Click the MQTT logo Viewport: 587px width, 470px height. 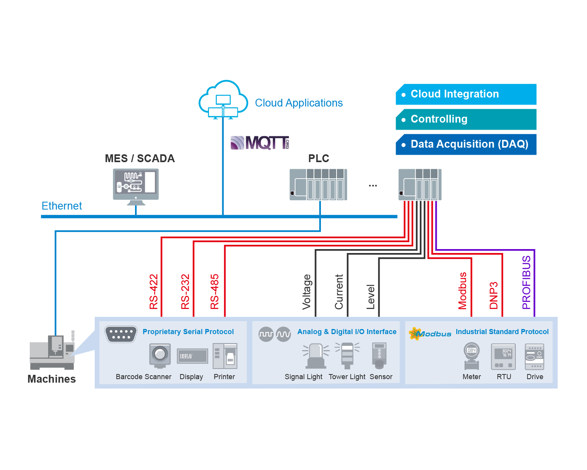260,143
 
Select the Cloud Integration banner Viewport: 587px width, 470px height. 466,94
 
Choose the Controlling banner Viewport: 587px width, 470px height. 466,119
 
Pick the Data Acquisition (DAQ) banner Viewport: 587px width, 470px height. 466,145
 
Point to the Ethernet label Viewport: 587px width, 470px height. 62,206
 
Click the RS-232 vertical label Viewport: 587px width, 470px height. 185,291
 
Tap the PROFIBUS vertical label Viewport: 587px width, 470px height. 526,282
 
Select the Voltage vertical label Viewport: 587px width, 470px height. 307,292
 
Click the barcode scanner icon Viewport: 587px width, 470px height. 160,356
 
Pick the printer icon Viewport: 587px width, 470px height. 225,356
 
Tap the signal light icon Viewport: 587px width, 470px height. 316,356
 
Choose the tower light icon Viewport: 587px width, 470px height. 347,356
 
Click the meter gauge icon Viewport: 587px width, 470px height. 472,356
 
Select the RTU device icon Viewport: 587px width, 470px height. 503,356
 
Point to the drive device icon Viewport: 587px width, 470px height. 535,356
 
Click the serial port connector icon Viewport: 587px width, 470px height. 121,334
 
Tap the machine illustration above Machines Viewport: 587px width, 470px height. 52,351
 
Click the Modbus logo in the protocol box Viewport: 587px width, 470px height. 430,334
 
